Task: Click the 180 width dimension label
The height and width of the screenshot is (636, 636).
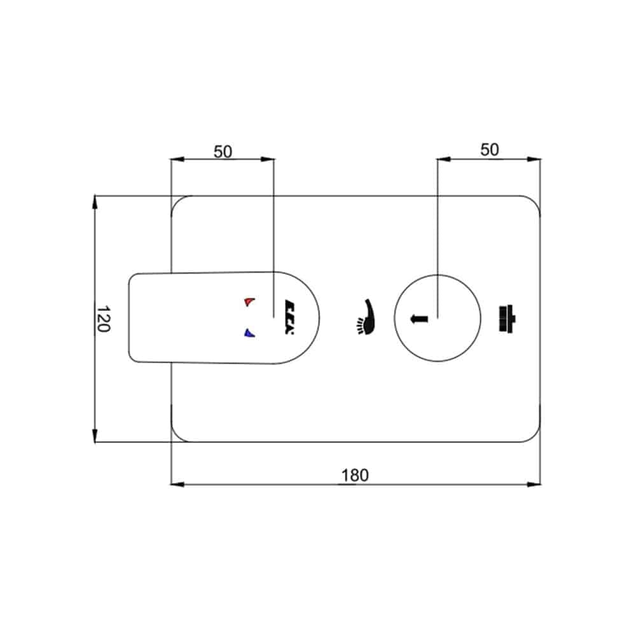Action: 355,475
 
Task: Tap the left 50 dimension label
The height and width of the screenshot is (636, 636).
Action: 223,152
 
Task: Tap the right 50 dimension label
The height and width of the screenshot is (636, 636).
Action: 489,149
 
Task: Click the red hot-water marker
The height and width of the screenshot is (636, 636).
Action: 249,301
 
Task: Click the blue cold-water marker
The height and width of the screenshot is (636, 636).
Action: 249,333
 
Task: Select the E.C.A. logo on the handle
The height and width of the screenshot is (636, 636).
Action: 289,317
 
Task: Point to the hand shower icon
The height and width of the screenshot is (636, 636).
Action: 366,317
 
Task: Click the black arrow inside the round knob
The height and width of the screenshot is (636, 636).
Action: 419,319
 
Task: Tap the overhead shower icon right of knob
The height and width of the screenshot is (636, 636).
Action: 507,319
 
